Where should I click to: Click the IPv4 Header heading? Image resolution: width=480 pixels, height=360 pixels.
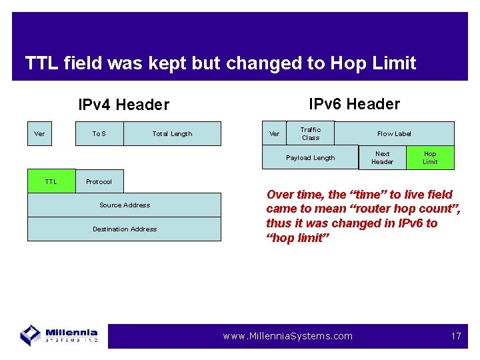point(123,105)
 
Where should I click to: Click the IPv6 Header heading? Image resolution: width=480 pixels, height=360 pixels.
point(354,104)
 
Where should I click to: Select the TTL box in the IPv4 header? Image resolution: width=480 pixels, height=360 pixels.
point(51,181)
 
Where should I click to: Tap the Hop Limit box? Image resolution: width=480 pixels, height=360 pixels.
point(430,158)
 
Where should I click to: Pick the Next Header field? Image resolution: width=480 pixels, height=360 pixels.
point(382,158)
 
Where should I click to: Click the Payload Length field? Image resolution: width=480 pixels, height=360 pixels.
point(310,158)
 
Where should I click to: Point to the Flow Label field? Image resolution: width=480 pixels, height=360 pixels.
point(394,133)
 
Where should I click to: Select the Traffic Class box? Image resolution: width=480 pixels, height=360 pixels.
point(310,133)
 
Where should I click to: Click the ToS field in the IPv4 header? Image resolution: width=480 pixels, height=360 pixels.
point(99,134)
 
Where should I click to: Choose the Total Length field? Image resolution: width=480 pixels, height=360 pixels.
point(172,134)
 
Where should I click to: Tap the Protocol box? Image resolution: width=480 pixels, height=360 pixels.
point(99,181)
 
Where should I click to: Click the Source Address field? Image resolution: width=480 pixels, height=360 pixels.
point(124,205)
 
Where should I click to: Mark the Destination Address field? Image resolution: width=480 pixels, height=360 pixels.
point(124,229)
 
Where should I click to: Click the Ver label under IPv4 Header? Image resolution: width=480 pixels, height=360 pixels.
point(39,134)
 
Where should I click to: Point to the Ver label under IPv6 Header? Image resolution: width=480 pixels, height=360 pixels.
point(274,134)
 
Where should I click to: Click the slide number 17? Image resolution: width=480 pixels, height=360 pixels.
point(456,336)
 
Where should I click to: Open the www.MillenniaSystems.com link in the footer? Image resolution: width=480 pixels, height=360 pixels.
point(287,336)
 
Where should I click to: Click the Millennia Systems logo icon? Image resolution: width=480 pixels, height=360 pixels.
point(30,335)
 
